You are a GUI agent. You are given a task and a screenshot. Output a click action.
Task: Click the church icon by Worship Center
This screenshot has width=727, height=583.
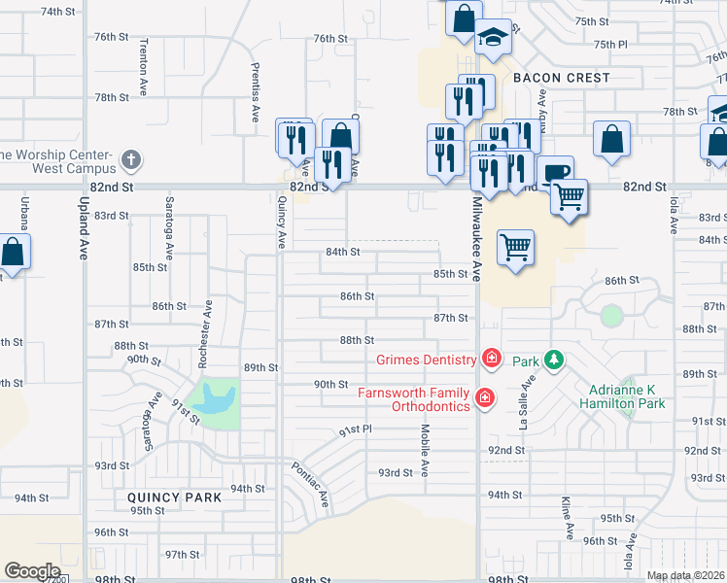point(133,158)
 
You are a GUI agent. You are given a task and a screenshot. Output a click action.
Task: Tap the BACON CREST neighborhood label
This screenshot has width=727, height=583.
point(562,78)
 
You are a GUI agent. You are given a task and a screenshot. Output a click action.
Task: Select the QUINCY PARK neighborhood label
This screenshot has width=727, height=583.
point(174,497)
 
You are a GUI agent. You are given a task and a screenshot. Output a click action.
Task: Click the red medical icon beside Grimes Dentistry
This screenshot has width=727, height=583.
point(491,360)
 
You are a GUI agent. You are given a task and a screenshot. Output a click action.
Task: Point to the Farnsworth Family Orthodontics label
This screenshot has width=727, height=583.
point(414,399)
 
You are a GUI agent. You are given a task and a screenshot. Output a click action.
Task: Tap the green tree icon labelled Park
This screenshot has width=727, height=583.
point(554,361)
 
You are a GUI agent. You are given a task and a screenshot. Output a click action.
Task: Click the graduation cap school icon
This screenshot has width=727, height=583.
point(493,37)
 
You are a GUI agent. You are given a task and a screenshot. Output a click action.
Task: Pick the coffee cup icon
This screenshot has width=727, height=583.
point(555,173)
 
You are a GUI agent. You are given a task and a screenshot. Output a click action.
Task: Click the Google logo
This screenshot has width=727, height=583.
point(32,571)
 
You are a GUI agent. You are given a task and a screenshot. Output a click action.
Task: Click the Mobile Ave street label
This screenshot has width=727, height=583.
point(425,450)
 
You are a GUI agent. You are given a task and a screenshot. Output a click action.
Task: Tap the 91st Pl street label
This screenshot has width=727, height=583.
point(355,429)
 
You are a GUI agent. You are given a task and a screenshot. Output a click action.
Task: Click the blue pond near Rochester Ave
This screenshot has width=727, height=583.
point(215,398)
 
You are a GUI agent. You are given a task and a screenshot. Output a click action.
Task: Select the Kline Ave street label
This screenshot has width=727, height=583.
point(566,518)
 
